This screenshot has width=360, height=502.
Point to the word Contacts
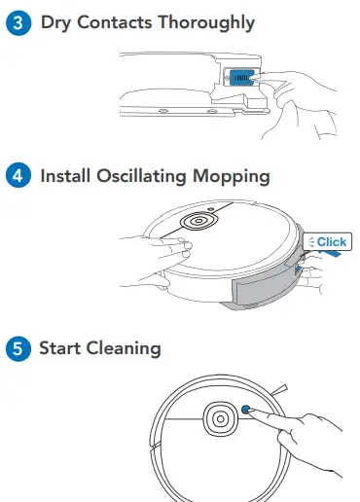tap(123, 22)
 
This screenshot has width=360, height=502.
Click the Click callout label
tap(328, 241)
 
